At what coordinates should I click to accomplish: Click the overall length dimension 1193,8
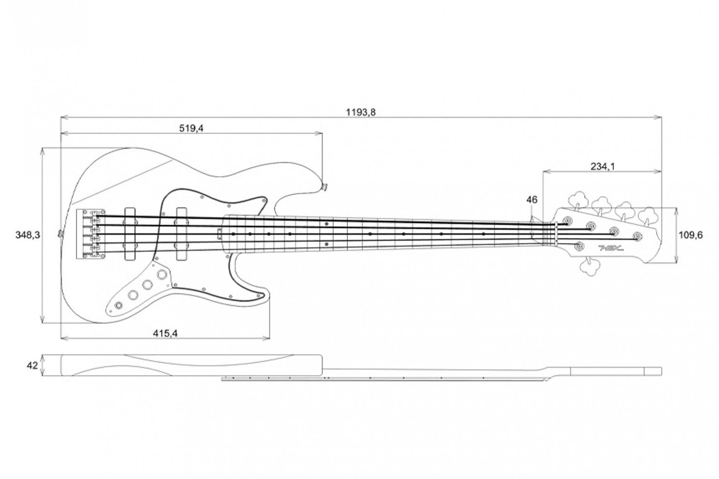click(361, 112)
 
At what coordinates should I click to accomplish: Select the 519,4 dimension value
click(191, 128)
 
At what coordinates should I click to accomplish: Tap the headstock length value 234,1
click(603, 166)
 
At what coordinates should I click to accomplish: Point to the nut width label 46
click(532, 199)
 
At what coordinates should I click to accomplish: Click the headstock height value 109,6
click(691, 235)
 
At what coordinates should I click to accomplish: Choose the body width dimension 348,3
click(28, 235)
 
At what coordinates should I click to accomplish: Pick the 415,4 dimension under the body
click(165, 333)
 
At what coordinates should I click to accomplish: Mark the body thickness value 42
click(32, 365)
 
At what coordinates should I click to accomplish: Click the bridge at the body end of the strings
click(91, 234)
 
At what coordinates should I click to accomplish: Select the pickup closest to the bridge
click(130, 234)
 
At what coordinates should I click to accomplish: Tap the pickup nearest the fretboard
click(181, 234)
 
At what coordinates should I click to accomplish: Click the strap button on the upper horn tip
click(325, 186)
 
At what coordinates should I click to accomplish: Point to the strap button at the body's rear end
click(60, 234)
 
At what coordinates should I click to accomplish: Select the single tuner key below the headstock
click(590, 266)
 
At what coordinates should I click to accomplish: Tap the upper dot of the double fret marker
click(326, 224)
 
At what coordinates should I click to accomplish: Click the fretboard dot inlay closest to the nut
click(484, 234)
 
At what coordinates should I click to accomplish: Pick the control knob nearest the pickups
click(162, 275)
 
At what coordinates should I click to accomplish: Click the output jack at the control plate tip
click(118, 305)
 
